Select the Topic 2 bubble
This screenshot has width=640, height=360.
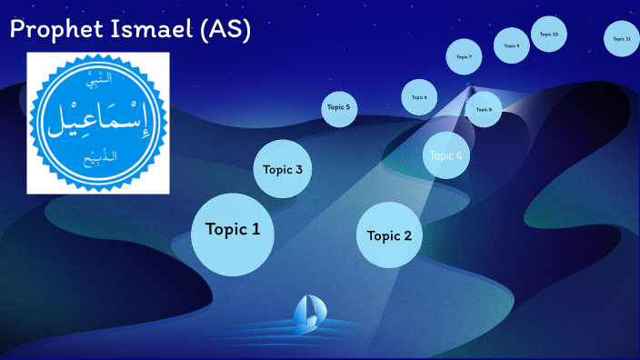(389, 235)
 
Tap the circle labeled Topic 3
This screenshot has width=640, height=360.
(283, 169)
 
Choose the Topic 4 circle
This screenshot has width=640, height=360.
(446, 155)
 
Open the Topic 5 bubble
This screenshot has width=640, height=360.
(338, 108)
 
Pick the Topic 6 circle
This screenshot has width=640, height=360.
(419, 97)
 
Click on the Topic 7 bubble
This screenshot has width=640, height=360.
(464, 56)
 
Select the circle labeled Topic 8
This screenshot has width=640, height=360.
(484, 109)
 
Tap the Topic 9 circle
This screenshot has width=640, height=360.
(512, 45)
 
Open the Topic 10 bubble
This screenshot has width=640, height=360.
(548, 35)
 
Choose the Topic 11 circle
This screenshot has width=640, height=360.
(622, 39)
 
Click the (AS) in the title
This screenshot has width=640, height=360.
(228, 30)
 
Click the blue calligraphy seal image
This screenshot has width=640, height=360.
(98, 123)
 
